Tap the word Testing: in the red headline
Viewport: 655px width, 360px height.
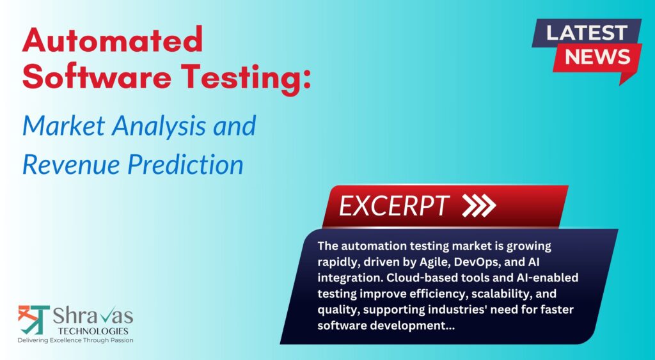click(246, 79)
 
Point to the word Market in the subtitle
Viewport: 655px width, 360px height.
click(62, 125)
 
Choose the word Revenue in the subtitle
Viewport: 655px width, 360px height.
click(71, 164)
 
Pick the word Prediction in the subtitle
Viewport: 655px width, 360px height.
click(186, 164)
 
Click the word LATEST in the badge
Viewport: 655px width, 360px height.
click(587, 33)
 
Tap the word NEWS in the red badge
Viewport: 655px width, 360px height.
click(597, 57)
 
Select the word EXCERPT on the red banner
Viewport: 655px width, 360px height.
click(394, 206)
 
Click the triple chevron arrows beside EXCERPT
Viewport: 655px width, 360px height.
click(479, 205)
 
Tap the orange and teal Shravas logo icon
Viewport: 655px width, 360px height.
click(34, 320)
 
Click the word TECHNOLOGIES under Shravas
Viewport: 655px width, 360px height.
click(93, 331)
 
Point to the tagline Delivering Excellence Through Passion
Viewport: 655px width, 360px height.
click(75, 340)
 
